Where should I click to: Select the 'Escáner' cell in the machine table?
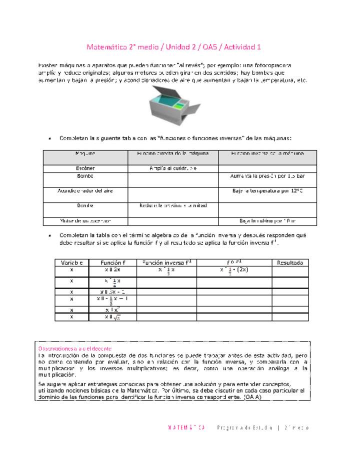pos(85,168)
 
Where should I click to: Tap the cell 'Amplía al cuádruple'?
pos(173,168)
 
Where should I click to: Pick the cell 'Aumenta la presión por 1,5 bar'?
pos(267,176)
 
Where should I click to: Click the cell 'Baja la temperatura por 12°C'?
pos(267,191)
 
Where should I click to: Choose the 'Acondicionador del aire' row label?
pos(85,191)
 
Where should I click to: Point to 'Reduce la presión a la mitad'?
pos(173,205)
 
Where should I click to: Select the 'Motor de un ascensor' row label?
pos(85,220)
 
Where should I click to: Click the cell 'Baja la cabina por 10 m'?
pos(267,220)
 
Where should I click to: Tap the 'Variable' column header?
pos(72,262)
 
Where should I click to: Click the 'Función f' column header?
pos(113,262)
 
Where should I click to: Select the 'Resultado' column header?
pos(290,262)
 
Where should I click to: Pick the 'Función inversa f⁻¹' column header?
pos(166,262)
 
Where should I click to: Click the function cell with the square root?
pos(113,317)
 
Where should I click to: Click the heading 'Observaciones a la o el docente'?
pos(75,348)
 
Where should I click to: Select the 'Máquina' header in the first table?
pos(85,153)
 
